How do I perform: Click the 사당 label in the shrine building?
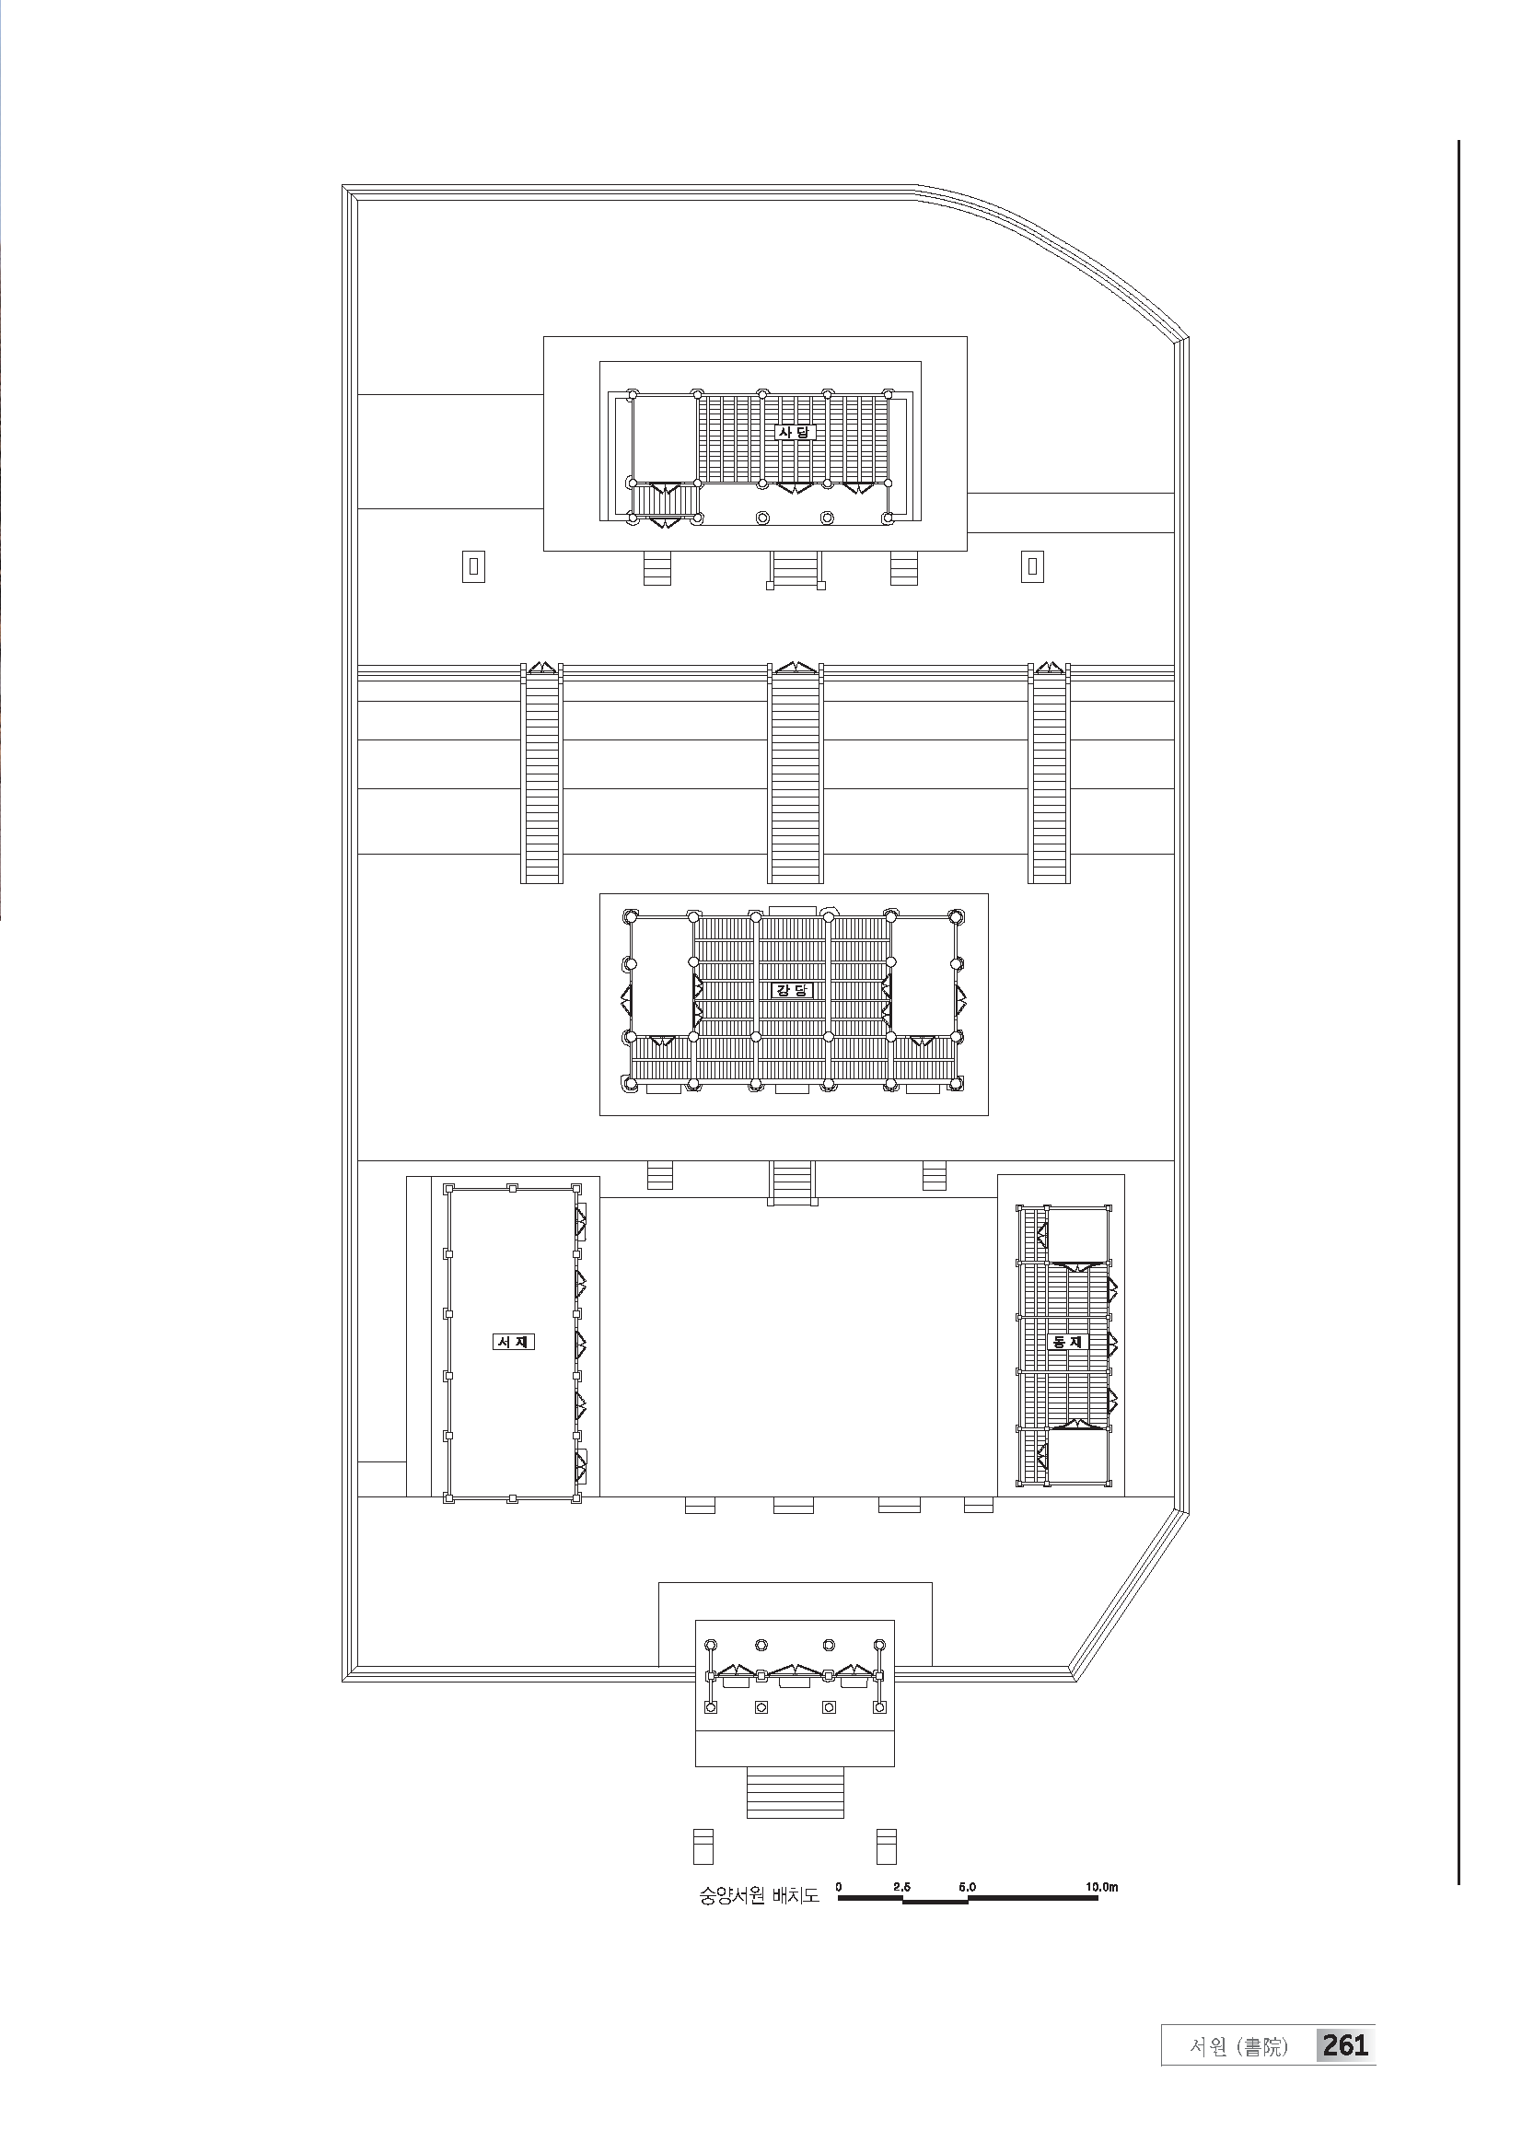point(796,433)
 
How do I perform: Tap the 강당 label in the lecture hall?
point(793,990)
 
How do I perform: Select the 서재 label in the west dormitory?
point(513,1342)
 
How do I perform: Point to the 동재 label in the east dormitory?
point(1067,1342)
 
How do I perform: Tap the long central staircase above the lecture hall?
point(796,774)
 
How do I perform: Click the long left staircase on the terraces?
point(542,774)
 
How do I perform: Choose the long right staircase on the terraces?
point(1050,774)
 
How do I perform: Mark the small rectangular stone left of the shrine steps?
point(473,565)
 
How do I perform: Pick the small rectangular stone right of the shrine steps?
point(1032,565)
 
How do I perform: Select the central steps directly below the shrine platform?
point(796,569)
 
